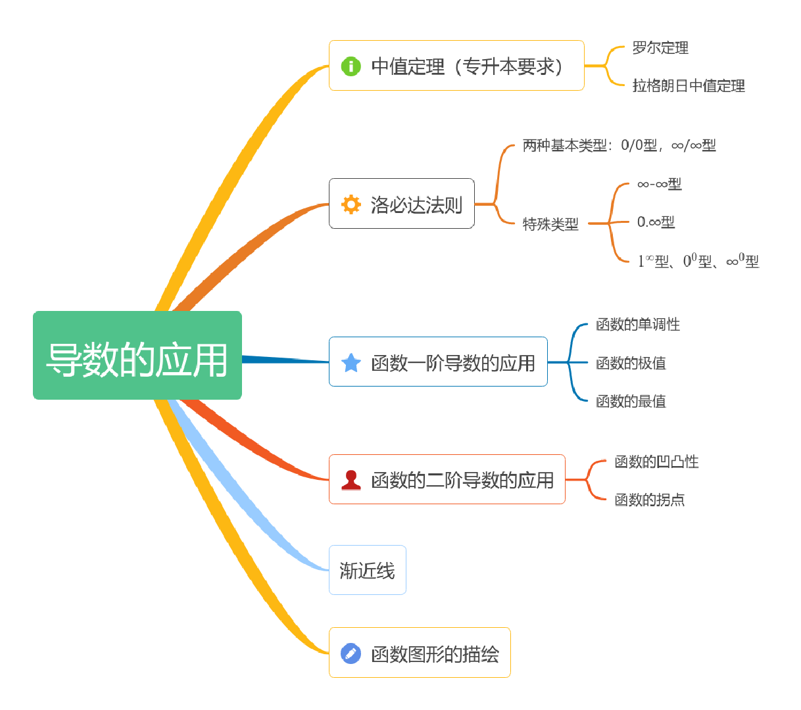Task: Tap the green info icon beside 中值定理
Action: [351, 66]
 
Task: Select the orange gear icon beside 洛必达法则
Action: [351, 204]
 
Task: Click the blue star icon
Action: [351, 363]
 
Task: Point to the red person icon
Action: [351, 480]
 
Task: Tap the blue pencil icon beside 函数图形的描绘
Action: [351, 653]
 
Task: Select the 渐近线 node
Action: [367, 571]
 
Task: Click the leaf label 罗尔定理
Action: [660, 48]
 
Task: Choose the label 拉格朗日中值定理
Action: [689, 86]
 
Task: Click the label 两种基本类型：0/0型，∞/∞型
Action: [619, 145]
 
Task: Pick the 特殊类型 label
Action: [550, 224]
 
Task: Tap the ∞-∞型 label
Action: [659, 184]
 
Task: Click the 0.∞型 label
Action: [656, 222]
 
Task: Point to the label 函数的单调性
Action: [638, 324]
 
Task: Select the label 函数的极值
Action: [631, 363]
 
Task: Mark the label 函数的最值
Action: [631, 401]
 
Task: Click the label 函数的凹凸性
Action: [656, 462]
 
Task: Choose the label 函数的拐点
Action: [649, 500]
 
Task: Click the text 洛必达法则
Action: [416, 205]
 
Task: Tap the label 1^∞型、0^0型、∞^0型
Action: [698, 261]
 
